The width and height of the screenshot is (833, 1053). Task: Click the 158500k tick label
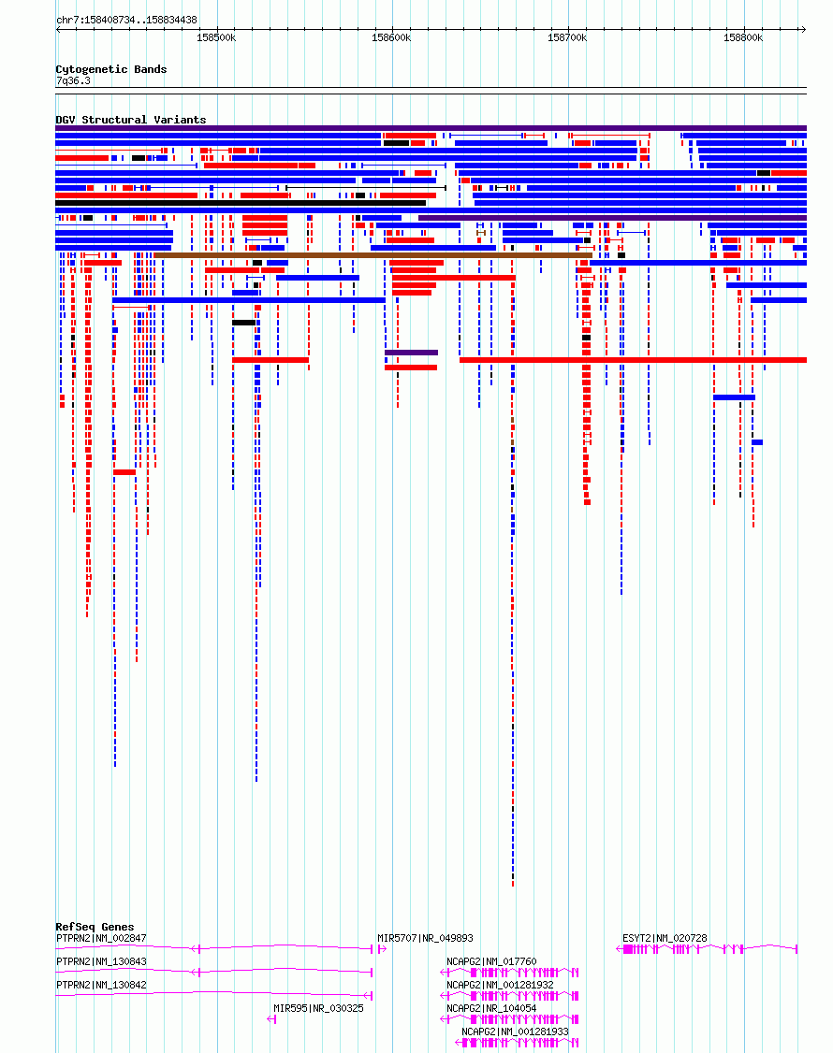pyautogui.click(x=216, y=38)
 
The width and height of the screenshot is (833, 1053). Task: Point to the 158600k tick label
pyautogui.click(x=391, y=38)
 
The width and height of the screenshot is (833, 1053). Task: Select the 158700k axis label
pyautogui.click(x=567, y=38)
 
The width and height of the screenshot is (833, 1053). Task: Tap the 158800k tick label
pyautogui.click(x=743, y=38)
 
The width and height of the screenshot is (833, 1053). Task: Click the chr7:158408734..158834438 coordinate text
pyautogui.click(x=126, y=21)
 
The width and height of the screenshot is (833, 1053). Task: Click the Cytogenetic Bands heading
pyautogui.click(x=111, y=69)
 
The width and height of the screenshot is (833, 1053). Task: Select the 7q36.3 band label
pyautogui.click(x=73, y=80)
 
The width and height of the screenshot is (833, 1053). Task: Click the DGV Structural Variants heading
pyautogui.click(x=130, y=120)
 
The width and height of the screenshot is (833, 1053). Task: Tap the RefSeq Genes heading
pyautogui.click(x=95, y=927)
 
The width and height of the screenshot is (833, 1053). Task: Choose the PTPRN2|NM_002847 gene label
pyautogui.click(x=101, y=938)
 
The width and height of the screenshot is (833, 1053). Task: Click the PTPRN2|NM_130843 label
pyautogui.click(x=101, y=961)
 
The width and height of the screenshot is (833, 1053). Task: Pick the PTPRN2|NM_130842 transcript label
pyautogui.click(x=101, y=985)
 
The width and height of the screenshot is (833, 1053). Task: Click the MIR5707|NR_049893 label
pyautogui.click(x=425, y=938)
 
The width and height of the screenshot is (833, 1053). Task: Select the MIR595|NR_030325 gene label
pyautogui.click(x=318, y=1009)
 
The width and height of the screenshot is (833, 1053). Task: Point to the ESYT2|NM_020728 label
pyautogui.click(x=665, y=938)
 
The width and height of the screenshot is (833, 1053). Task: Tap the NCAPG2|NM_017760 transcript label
pyautogui.click(x=491, y=961)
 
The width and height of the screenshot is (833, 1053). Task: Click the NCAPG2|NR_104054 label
pyautogui.click(x=491, y=1009)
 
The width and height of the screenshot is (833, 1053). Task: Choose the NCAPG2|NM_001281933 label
pyautogui.click(x=515, y=1031)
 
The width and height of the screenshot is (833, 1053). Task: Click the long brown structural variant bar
pyautogui.click(x=373, y=255)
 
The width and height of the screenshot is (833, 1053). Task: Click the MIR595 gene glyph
pyautogui.click(x=271, y=1019)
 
